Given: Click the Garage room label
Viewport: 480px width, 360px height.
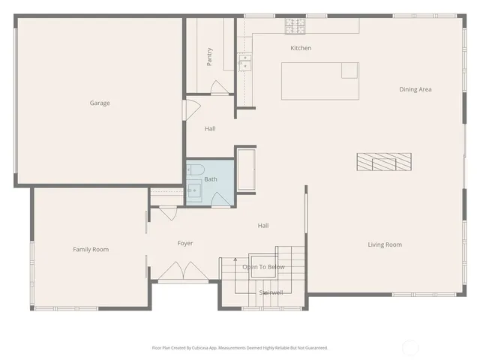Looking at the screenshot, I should pyautogui.click(x=100, y=103).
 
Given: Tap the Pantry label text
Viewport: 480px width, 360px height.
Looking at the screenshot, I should pyautogui.click(x=210, y=57).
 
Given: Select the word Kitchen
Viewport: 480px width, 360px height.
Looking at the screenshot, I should pyautogui.click(x=301, y=48).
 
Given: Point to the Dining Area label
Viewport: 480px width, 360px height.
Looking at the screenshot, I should pyautogui.click(x=415, y=89).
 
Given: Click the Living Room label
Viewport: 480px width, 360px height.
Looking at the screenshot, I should pyautogui.click(x=384, y=244).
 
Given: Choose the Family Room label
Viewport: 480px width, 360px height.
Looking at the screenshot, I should pyautogui.click(x=91, y=249).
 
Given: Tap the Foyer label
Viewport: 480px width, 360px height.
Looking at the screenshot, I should pyautogui.click(x=185, y=243).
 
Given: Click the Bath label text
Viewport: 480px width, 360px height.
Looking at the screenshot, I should pyautogui.click(x=211, y=179).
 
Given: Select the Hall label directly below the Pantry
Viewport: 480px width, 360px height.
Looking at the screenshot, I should pyautogui.click(x=210, y=129).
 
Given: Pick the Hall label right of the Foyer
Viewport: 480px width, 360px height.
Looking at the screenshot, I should pyautogui.click(x=263, y=226).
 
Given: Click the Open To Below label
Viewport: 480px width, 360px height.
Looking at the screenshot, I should pyautogui.click(x=263, y=267).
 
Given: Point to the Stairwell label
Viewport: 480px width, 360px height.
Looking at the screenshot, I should pyautogui.click(x=271, y=292).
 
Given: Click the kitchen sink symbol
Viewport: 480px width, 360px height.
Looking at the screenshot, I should pyautogui.click(x=244, y=63).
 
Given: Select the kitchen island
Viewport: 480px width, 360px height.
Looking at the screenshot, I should pyautogui.click(x=319, y=81).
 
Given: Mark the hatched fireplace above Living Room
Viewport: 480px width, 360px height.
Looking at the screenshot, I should pyautogui.click(x=383, y=160).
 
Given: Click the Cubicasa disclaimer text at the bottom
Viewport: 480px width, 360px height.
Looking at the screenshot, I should pyautogui.click(x=240, y=348).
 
